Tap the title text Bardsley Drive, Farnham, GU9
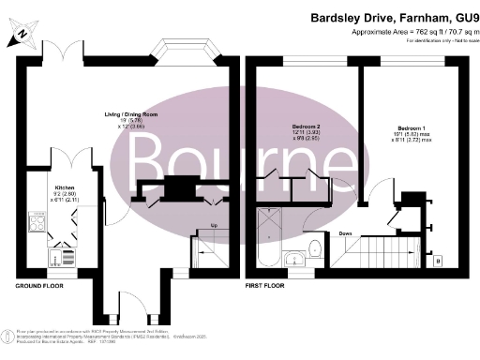[392, 17]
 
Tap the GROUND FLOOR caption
[38, 284]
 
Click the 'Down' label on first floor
[346, 233]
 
